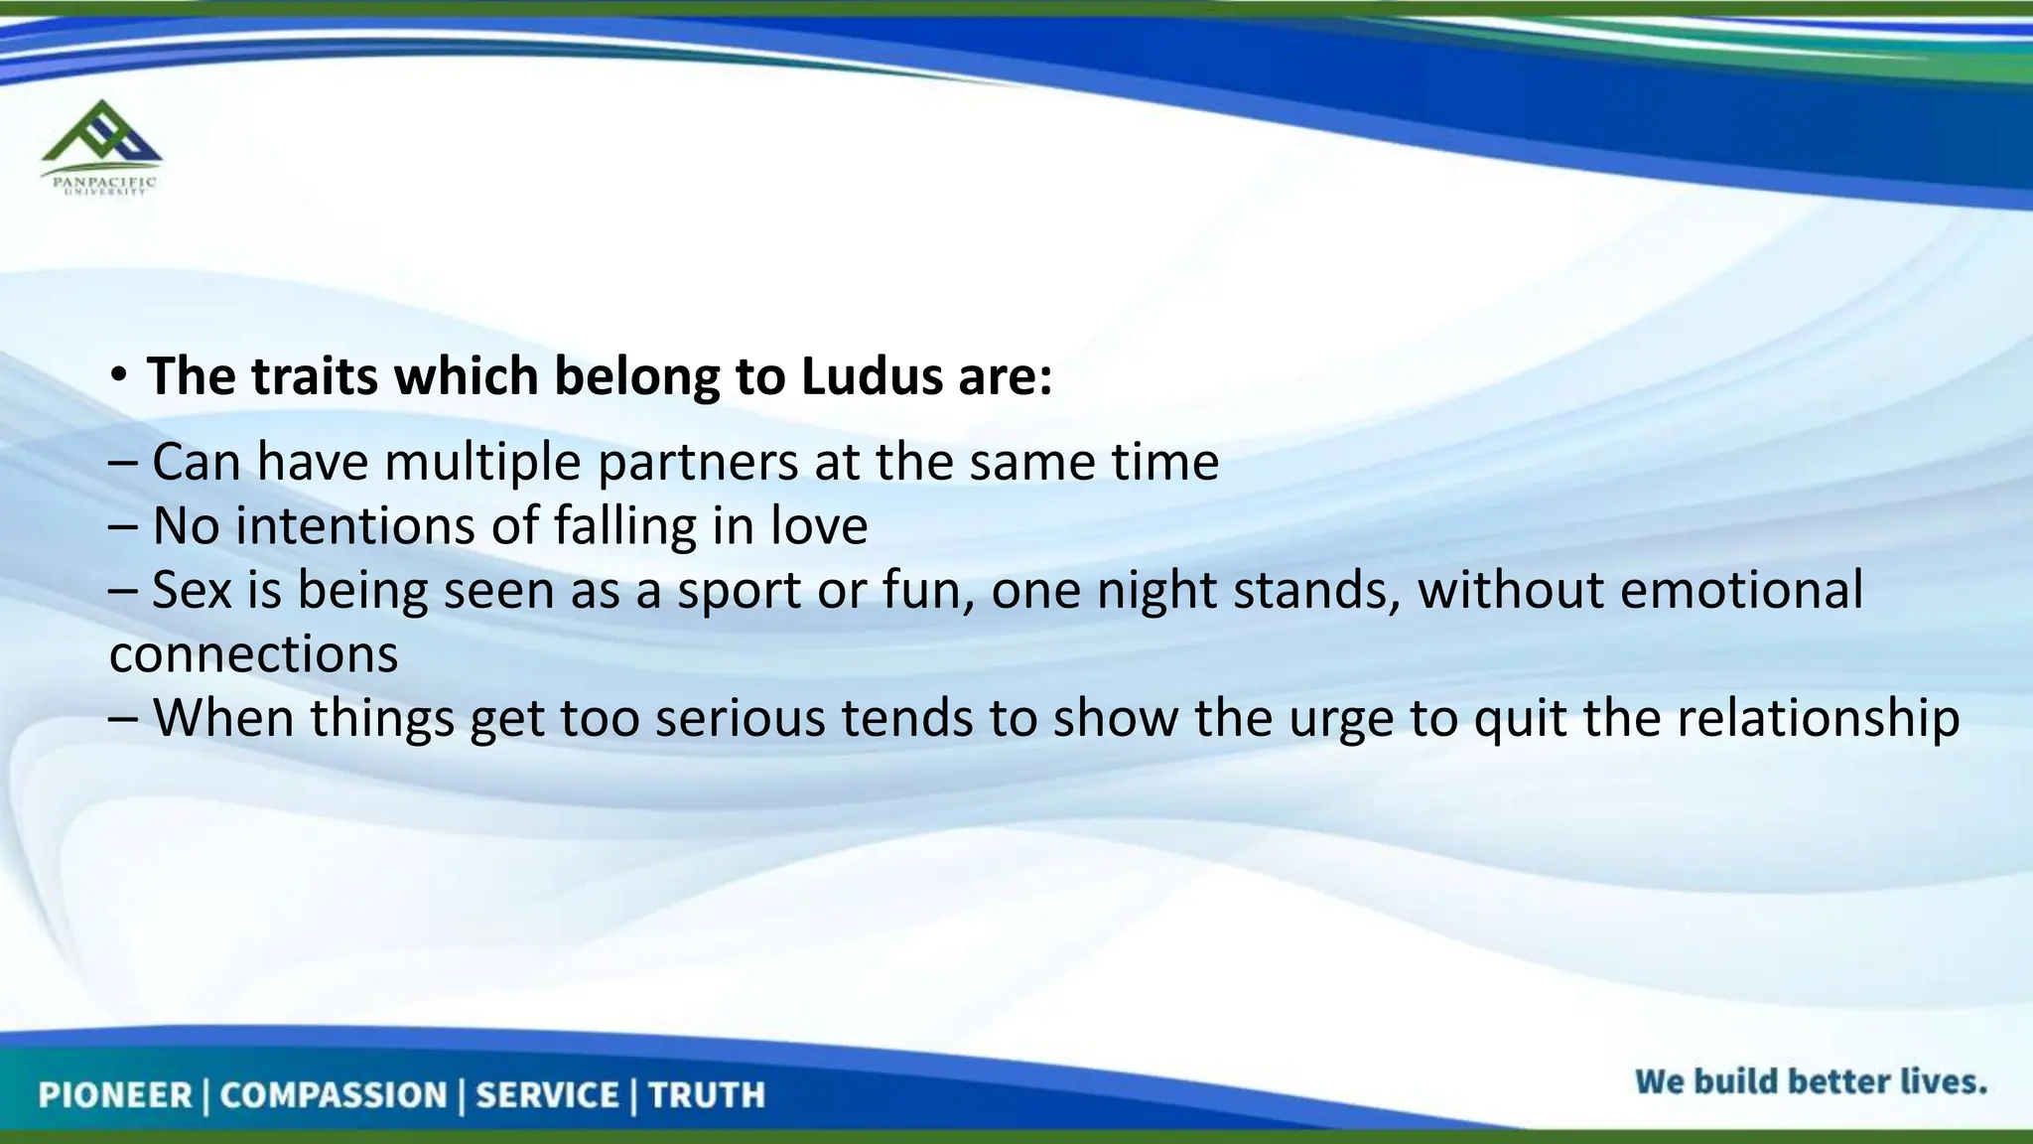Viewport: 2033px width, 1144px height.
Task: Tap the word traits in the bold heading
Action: click(315, 376)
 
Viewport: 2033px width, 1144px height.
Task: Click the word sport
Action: click(741, 592)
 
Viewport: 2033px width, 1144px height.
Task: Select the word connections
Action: click(254, 654)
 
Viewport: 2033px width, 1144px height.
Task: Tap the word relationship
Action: click(1819, 718)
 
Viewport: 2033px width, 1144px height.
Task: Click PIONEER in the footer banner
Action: click(115, 1095)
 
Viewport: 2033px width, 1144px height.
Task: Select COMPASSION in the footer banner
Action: click(334, 1095)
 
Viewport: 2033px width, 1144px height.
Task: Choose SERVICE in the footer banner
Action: click(547, 1095)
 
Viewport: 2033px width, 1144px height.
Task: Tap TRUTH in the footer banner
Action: click(707, 1095)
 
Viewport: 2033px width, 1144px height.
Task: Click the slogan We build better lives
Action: click(1811, 1081)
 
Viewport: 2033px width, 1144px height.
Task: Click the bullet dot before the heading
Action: click(119, 375)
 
